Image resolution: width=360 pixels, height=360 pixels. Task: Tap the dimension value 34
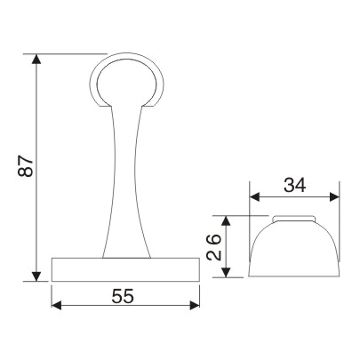pyautogui.click(x=294, y=185)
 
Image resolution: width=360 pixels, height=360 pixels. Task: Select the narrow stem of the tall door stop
pyautogui.click(x=125, y=178)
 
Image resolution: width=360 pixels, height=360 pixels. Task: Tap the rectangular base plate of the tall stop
pyautogui.click(x=125, y=269)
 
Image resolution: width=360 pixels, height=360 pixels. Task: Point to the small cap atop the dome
pyautogui.click(x=294, y=218)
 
